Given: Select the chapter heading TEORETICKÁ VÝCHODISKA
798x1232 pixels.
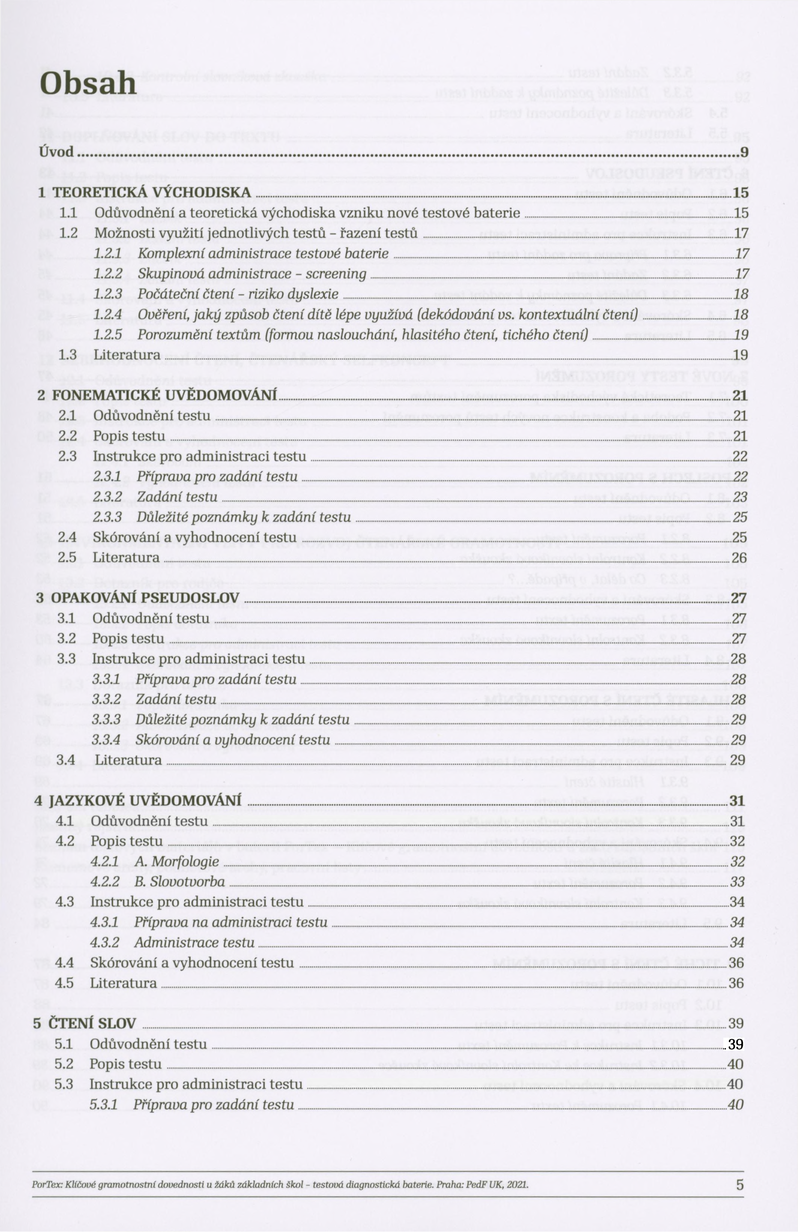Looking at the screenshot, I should [151, 192].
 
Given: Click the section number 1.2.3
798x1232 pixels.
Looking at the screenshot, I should [108, 294].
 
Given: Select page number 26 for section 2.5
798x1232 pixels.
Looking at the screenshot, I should [739, 557].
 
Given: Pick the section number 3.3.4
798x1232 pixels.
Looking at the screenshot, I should [106, 740].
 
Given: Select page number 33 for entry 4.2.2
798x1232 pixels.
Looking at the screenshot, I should [736, 882].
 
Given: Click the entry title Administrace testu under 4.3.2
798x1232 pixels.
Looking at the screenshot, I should [194, 943].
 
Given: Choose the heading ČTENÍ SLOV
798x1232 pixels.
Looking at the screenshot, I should [92, 1023].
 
